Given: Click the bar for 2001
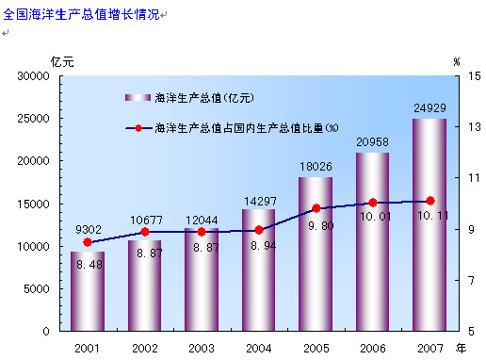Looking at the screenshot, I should (x=88, y=291).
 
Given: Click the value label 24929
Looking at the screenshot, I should (x=429, y=108).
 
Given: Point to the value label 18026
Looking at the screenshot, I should (x=316, y=167).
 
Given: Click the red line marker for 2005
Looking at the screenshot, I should (x=316, y=208).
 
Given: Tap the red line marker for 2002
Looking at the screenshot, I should (x=145, y=232).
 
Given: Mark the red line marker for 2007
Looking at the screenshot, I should (x=430, y=201).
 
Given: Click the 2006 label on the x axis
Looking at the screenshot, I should (x=372, y=348).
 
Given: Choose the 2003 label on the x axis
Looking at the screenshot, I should (x=202, y=348).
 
